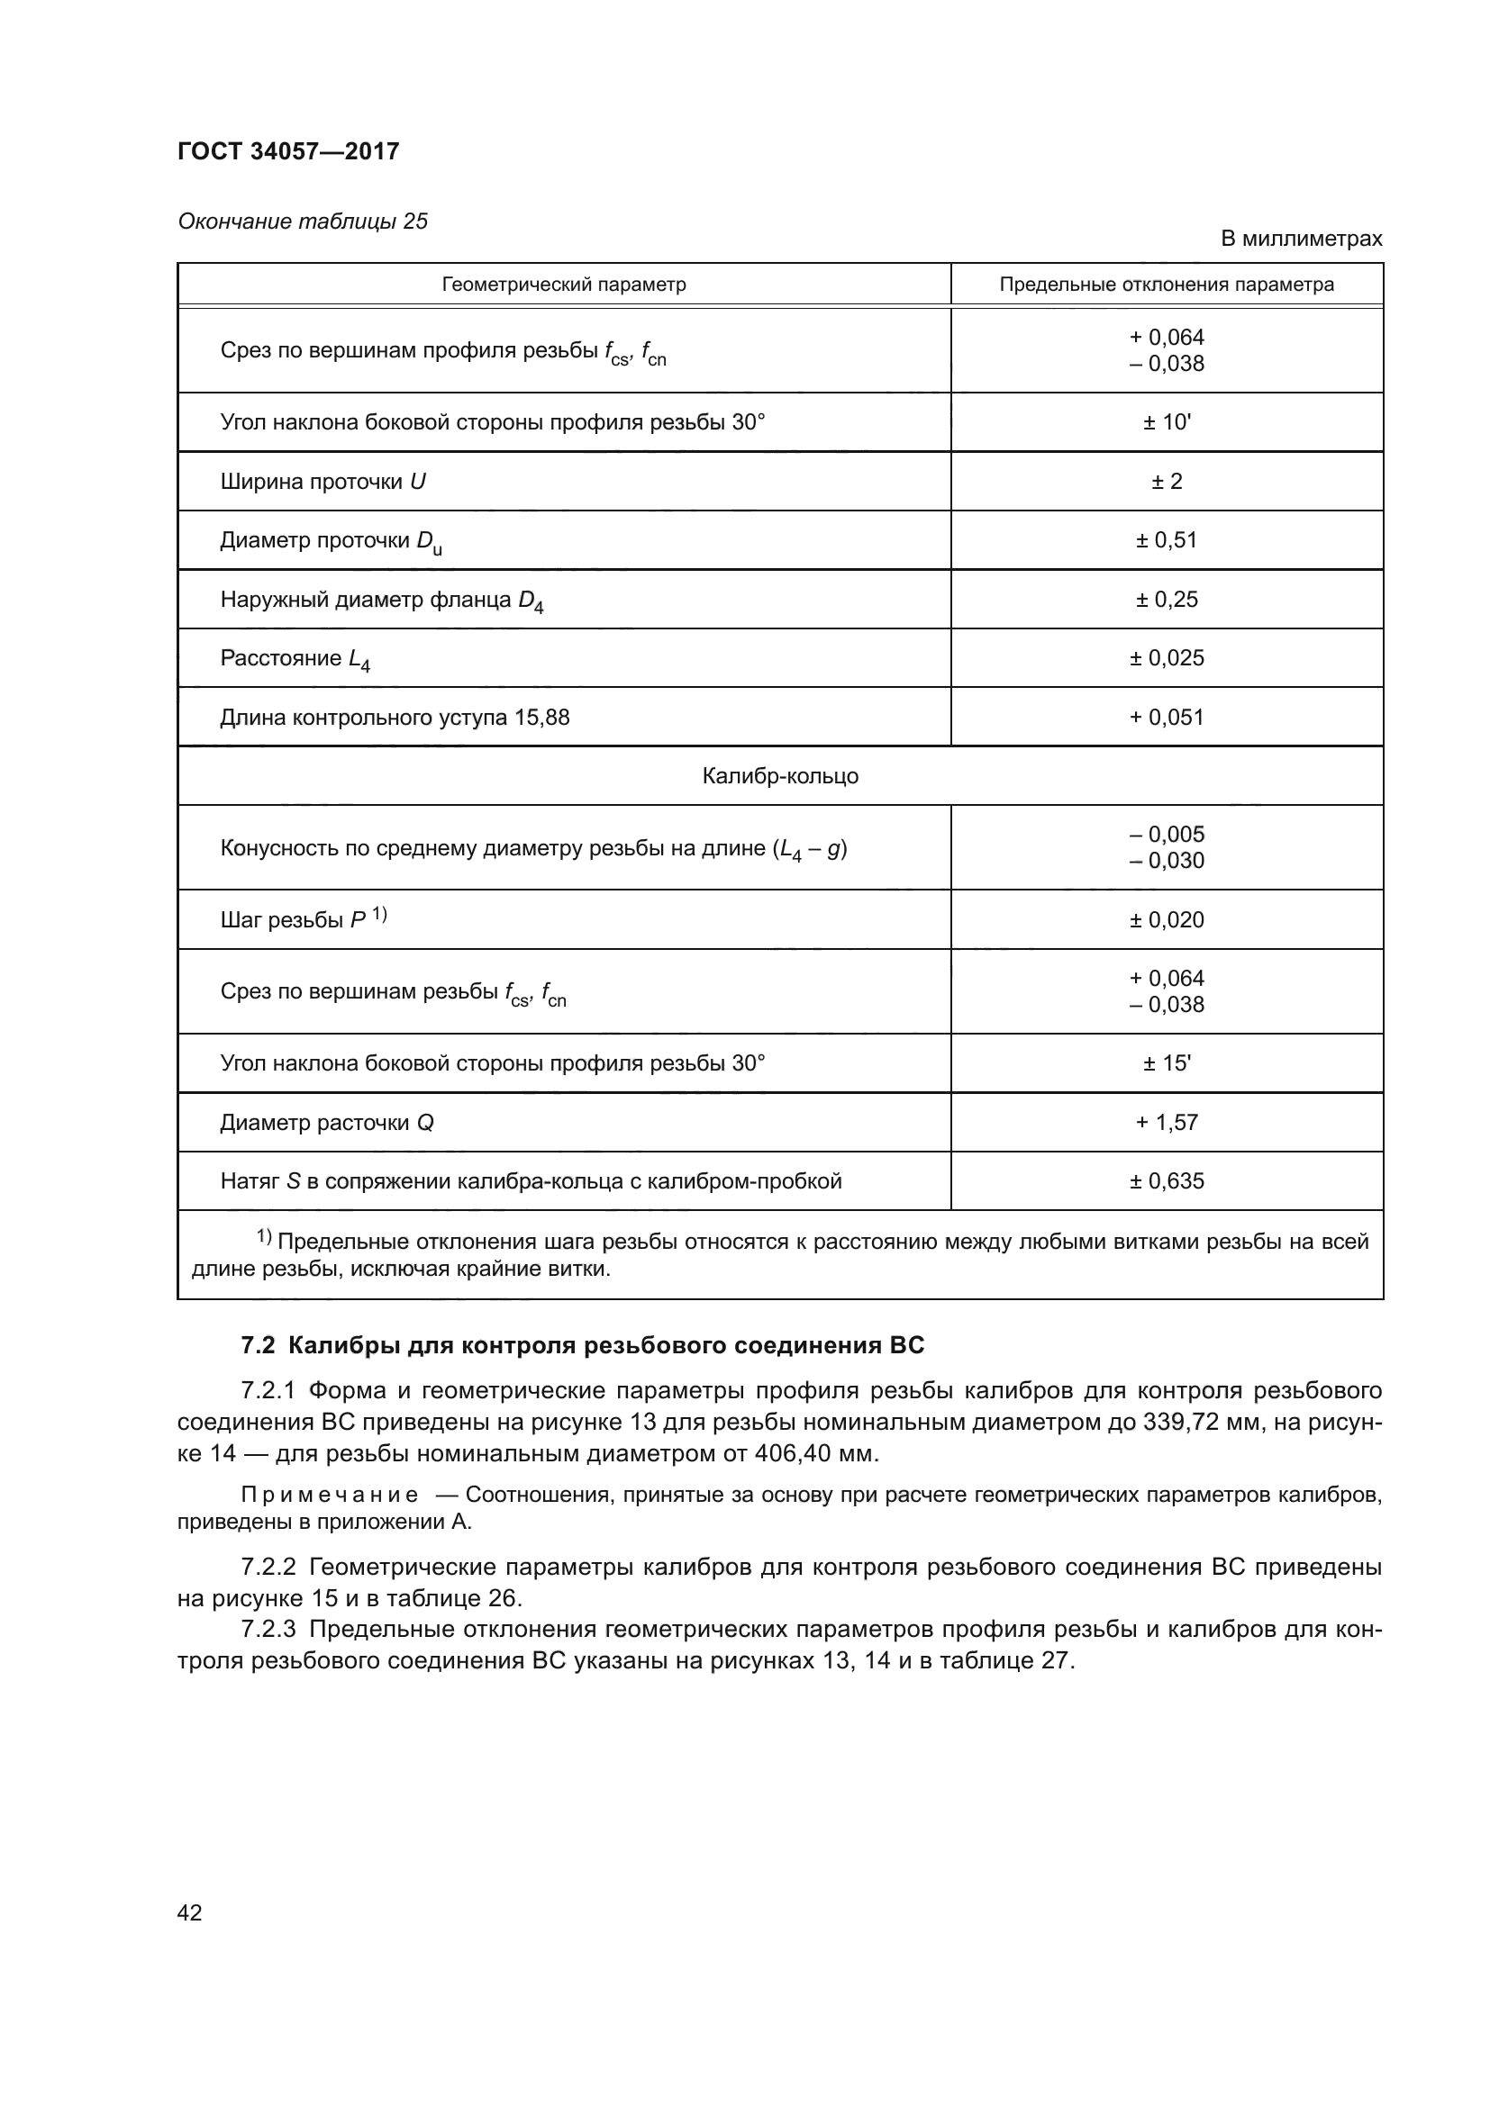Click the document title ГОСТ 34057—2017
pos(288,151)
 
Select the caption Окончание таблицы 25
pos(303,221)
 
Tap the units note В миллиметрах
pos(1300,239)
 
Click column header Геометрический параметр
pos(563,285)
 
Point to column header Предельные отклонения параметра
pos(1166,285)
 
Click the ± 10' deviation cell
pos(1166,422)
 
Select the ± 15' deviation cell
pos(1166,1063)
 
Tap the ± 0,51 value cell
pos(1166,539)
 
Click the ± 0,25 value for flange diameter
pos(1166,599)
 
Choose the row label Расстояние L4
pos(295,658)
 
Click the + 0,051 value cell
pos(1166,718)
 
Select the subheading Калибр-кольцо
pos(780,776)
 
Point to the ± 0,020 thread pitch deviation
pos(1166,920)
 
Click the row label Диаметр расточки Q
pos(327,1123)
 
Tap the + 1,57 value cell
pos(1166,1122)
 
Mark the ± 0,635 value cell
pos(1166,1180)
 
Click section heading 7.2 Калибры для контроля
pos(582,1345)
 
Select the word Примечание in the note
pos(330,1496)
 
